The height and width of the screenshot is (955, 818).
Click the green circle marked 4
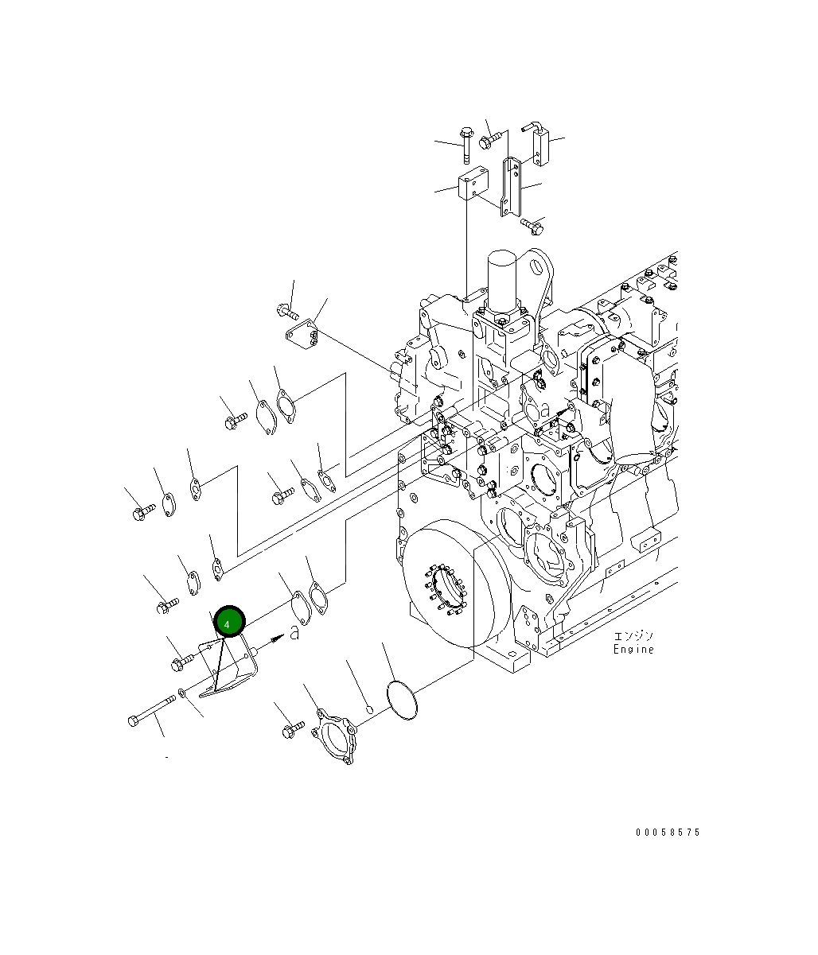coord(229,621)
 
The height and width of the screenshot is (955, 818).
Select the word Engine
coord(633,649)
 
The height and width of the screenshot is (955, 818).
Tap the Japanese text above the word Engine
coord(633,636)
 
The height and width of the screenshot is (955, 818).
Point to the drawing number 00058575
coord(668,832)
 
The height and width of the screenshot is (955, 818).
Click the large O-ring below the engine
coord(402,699)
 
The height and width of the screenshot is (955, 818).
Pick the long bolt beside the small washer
coord(152,712)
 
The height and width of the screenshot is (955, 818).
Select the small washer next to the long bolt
coord(181,693)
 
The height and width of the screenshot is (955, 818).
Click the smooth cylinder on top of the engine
coord(502,281)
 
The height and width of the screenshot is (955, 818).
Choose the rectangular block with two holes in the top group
coord(473,183)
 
